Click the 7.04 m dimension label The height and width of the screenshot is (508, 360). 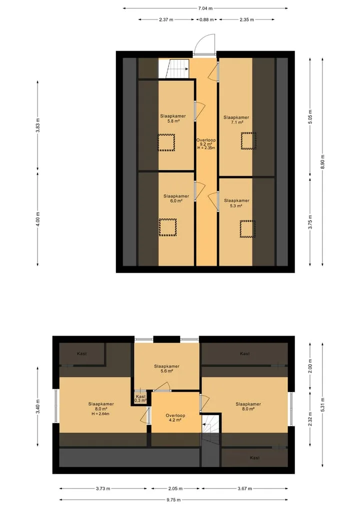click(205, 8)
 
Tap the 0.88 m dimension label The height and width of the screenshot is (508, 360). click(206, 19)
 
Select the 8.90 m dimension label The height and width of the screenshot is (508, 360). click(322, 162)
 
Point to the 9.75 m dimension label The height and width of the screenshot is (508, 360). click(173, 500)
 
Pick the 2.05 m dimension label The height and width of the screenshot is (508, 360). click(175, 489)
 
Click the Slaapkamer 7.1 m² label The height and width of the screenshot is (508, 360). click(236, 120)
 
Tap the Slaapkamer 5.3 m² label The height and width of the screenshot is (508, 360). click(237, 203)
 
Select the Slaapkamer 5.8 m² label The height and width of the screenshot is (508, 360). click(173, 118)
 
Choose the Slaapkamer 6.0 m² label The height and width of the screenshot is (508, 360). click(176, 198)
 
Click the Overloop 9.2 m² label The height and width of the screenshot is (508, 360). click(206, 142)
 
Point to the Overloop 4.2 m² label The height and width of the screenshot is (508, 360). click(175, 418)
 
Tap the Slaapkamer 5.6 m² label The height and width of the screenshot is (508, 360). click(166, 369)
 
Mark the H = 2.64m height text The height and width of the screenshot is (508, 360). click(100, 414)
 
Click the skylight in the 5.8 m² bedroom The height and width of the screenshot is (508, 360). click(166, 142)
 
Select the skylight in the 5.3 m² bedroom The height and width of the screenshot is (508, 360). click(247, 229)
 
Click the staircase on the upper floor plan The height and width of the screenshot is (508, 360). click(173, 69)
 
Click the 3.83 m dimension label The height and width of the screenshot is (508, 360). click(37, 125)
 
